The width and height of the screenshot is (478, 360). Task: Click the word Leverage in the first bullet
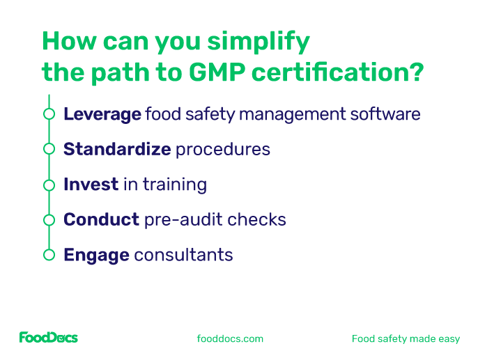tap(102, 114)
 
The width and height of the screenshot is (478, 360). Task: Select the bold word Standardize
tap(116, 149)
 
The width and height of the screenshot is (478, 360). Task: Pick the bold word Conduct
tap(101, 219)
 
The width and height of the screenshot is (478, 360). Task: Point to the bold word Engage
tap(96, 255)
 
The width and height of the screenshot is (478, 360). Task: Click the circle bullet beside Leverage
tap(49, 114)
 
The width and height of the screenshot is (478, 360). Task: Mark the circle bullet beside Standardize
tap(49, 149)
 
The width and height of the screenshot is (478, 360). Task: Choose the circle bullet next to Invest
tap(49, 185)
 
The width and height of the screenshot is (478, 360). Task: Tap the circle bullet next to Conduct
tap(49, 220)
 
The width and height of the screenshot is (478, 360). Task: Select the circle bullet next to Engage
tap(49, 255)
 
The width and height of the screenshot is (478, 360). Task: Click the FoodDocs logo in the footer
tap(48, 338)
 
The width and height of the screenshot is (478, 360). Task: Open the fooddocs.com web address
tap(231, 339)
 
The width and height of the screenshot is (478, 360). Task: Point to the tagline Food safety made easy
tap(406, 339)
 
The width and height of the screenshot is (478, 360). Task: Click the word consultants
tap(183, 255)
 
